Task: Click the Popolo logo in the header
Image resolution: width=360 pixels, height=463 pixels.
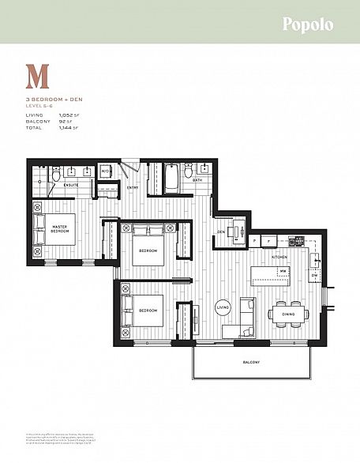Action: [308, 24]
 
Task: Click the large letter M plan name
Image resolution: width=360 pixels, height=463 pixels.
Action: [37, 77]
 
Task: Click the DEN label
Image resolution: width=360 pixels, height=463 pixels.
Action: [222, 231]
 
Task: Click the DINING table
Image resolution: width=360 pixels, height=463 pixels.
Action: [289, 313]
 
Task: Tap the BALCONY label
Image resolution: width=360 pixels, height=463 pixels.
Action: [252, 363]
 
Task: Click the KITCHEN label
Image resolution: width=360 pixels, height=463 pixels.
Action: [280, 258]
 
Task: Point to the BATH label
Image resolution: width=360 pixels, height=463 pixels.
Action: [198, 180]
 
